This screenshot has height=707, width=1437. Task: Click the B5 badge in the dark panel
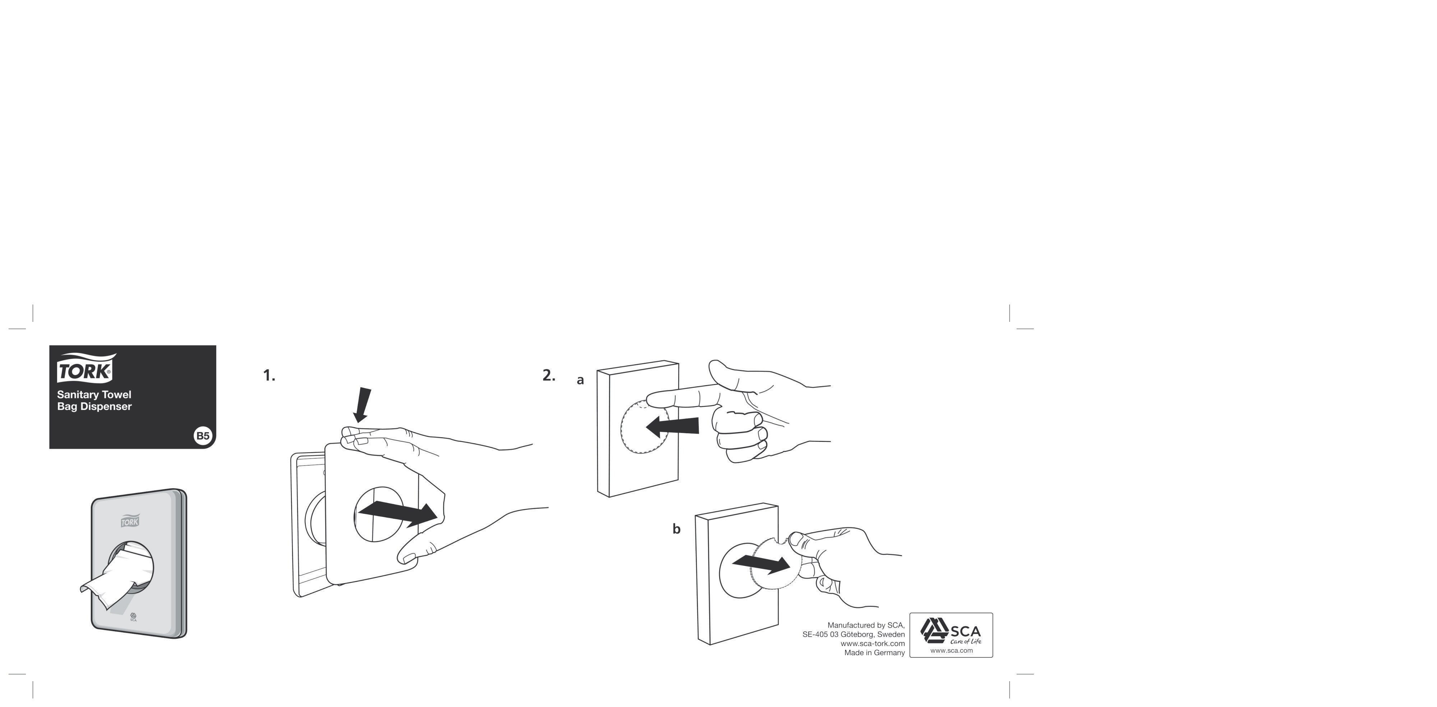pos(203,435)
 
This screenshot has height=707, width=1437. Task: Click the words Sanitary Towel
pos(94,394)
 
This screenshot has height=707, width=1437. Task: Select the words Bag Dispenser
pos(94,407)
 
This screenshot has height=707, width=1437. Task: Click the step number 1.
pos(269,375)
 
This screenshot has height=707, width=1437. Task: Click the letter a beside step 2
pos(580,380)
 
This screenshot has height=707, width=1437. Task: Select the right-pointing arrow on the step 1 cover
pos(398,513)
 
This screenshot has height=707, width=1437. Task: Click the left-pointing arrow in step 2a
pos(672,427)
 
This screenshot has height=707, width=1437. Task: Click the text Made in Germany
pos(874,653)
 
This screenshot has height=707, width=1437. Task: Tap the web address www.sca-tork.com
pos(873,643)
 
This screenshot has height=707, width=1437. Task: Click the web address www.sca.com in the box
pos(951,651)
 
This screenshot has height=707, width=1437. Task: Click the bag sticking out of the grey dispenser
pos(117,580)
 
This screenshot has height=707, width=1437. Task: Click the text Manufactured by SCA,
pos(866,625)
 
